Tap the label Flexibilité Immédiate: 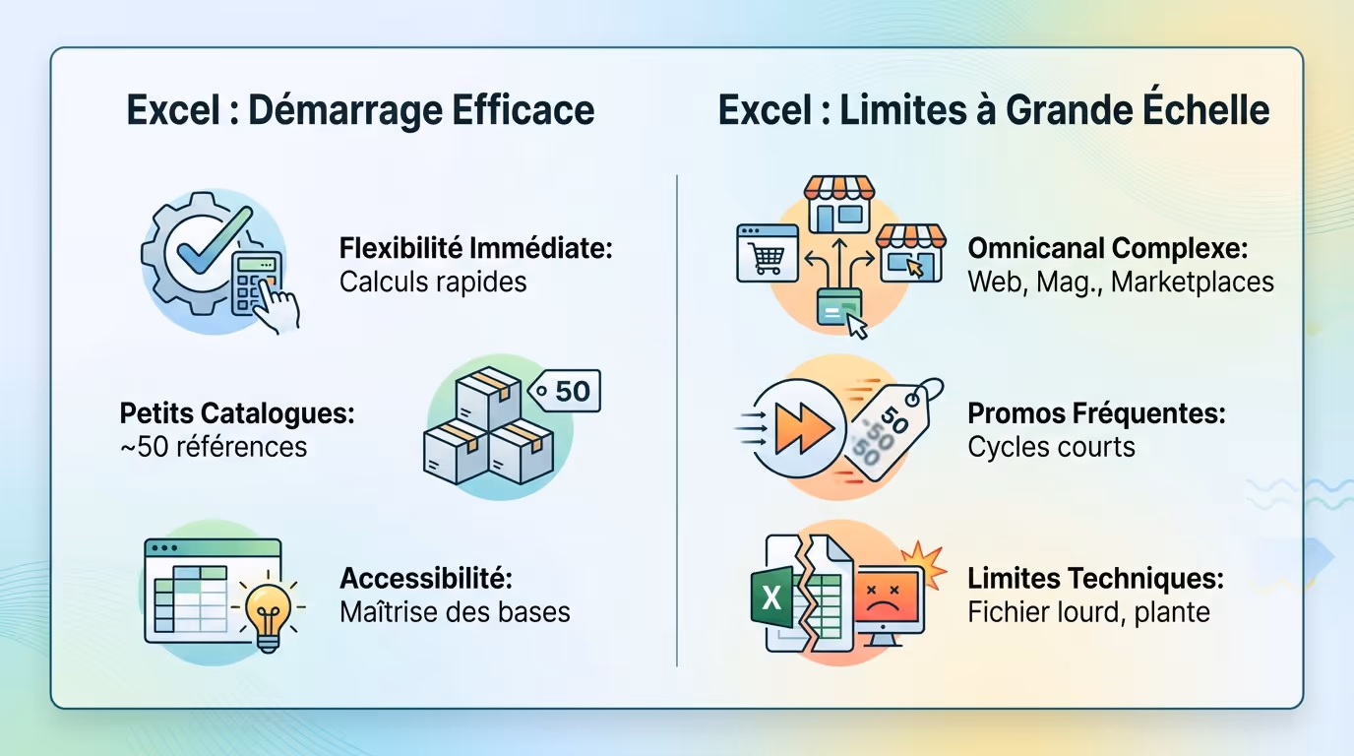click(x=476, y=248)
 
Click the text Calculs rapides click(x=433, y=283)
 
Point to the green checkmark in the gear click(x=208, y=242)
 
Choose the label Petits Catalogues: click(x=236, y=413)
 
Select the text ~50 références click(x=213, y=447)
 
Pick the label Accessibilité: click(x=426, y=578)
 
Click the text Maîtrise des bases click(x=455, y=612)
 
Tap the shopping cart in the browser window click(x=768, y=257)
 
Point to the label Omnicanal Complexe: click(x=1106, y=248)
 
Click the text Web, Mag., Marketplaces click(x=1121, y=283)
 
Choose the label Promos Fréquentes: click(x=1096, y=413)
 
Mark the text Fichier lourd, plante click(x=1088, y=612)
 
